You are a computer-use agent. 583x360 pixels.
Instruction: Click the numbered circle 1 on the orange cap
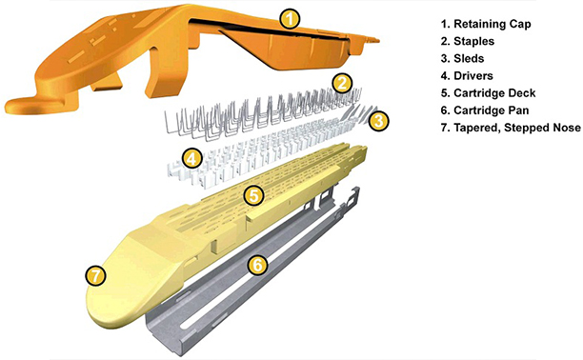[290, 19]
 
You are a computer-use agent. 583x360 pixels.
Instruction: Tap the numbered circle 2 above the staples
[342, 84]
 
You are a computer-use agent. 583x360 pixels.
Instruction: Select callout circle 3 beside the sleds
[378, 121]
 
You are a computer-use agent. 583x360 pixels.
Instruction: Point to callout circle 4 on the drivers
[191, 159]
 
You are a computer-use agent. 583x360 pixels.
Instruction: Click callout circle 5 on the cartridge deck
[253, 195]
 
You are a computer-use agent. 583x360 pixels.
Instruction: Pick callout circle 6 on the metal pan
[257, 266]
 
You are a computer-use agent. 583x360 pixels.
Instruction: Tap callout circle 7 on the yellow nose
[95, 276]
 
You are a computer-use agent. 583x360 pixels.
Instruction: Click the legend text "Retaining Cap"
[492, 24]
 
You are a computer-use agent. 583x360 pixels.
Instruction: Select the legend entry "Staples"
[473, 41]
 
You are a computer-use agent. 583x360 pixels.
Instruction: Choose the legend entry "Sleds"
[469, 59]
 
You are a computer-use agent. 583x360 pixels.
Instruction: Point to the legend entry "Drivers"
[472, 76]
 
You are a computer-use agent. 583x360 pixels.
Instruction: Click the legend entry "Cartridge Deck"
[494, 93]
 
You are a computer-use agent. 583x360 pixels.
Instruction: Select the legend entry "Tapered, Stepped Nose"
[517, 128]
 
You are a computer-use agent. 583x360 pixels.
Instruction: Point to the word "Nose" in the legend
[566, 128]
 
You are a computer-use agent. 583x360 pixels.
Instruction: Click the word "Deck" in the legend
[520, 93]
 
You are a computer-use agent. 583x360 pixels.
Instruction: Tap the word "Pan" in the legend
[517, 110]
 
